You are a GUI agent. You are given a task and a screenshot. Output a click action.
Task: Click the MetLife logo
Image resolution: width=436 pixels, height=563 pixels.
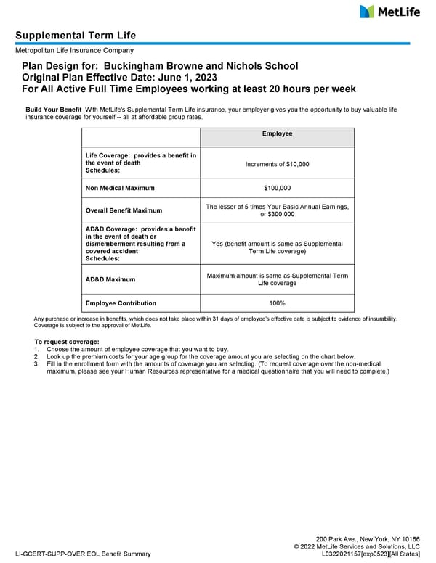point(389,12)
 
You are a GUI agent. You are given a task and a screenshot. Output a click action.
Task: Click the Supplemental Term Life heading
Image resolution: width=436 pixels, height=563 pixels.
point(76,36)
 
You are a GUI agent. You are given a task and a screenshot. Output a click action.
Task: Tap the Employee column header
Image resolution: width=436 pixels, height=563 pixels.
point(277,134)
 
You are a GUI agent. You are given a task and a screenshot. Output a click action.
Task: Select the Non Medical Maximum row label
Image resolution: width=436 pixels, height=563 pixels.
point(120,188)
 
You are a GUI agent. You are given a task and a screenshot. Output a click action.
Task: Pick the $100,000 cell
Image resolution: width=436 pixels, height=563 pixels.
point(277,188)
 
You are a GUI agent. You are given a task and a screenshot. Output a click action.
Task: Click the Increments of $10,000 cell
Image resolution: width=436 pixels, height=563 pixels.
point(277,164)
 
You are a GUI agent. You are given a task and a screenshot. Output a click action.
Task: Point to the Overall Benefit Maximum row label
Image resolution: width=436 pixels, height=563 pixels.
point(124,210)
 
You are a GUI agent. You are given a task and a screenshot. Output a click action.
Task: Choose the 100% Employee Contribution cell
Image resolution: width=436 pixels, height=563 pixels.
point(277,303)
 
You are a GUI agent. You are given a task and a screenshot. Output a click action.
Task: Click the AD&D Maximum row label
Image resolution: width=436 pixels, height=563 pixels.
point(110,279)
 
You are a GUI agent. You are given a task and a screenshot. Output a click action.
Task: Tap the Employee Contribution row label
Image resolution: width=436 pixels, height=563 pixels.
point(121,303)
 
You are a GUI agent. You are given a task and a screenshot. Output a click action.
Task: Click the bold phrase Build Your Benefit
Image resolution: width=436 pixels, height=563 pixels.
point(53,109)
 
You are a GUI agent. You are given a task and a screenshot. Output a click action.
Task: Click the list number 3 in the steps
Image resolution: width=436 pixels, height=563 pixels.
point(36,364)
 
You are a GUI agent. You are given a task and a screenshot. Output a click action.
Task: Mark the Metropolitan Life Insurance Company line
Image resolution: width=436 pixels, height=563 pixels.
point(74,50)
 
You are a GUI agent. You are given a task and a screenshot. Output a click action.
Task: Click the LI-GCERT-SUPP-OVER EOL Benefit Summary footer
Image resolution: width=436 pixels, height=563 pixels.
point(83,554)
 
